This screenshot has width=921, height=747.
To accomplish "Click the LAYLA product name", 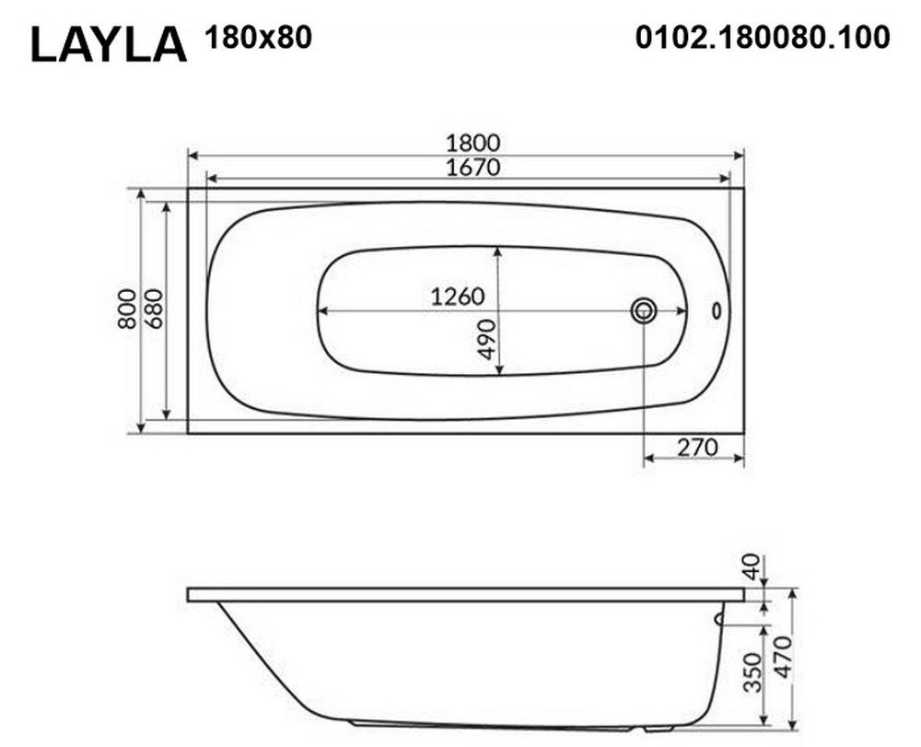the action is pos(109,44).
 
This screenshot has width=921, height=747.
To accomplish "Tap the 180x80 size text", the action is pos(258,38).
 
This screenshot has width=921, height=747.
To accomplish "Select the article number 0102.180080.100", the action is pos(763,38).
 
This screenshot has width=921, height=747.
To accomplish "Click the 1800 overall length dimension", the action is pos(472,143).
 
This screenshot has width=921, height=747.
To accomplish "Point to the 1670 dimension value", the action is pos(472,168).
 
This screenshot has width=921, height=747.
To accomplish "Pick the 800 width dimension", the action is pos(127,309).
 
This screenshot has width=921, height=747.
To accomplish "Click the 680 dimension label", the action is pos(152,309).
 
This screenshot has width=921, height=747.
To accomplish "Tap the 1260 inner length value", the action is pos(458,297).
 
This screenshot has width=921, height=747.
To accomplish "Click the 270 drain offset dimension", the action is pos(697,448).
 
